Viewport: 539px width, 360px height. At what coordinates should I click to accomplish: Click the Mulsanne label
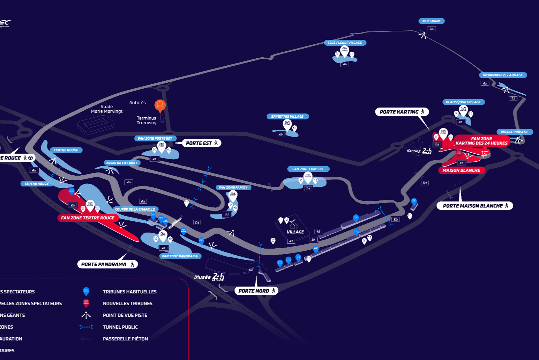[431, 21]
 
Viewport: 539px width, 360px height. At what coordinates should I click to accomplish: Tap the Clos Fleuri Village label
[345, 43]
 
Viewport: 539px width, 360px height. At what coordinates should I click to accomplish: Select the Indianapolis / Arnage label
[502, 75]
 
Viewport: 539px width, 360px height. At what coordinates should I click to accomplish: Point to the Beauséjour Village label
[463, 102]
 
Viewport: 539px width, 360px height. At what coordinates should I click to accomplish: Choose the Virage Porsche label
[514, 132]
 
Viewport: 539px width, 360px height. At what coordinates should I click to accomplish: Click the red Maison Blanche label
[461, 170]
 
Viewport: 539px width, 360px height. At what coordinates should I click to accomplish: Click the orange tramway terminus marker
[160, 105]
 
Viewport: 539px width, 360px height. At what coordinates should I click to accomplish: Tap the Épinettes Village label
[287, 116]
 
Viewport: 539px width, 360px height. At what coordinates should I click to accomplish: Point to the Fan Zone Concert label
[308, 169]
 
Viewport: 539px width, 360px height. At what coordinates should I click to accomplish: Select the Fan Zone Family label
[233, 188]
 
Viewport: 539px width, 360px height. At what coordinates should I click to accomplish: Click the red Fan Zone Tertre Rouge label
[88, 218]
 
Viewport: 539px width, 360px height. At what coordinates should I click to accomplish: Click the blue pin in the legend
[86, 291]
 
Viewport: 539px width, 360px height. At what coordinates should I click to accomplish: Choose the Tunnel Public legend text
[120, 327]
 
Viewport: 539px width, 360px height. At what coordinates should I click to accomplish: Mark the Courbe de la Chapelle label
[135, 209]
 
